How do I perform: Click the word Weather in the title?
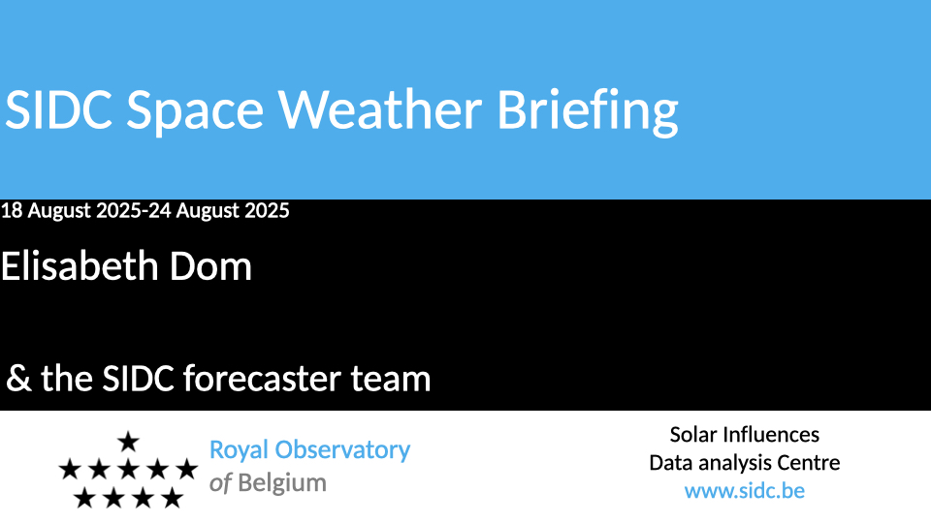(380, 109)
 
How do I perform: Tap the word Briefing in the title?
(588, 112)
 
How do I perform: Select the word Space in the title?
(195, 112)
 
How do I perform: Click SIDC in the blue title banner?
(58, 109)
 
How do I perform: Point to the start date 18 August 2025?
(71, 210)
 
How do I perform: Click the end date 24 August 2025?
(218, 210)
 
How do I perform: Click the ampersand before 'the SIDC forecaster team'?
(18, 379)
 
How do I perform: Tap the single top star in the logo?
(128, 443)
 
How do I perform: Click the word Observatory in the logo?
(342, 450)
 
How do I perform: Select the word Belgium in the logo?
(282, 483)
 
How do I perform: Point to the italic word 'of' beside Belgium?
(220, 483)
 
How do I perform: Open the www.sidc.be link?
(745, 491)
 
